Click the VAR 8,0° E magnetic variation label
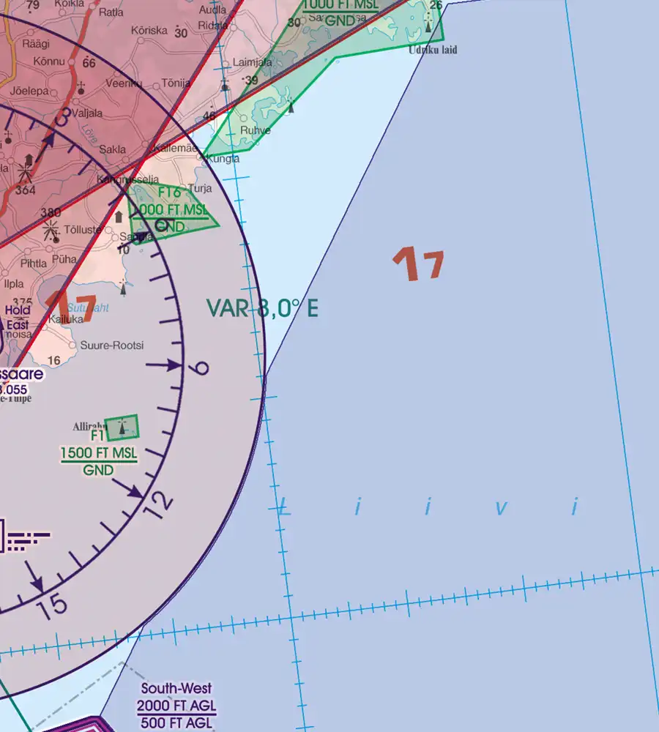coord(262,309)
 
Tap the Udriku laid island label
coord(433,51)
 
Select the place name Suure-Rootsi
coord(112,346)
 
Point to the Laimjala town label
coord(252,63)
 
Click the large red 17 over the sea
coord(418,264)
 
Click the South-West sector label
coord(176,688)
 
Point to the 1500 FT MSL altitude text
coord(98,453)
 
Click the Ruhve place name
coord(256,131)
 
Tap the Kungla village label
coord(223,159)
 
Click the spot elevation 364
coord(26,190)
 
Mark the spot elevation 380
coord(51,213)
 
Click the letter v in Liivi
coord(501,507)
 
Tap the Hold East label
coord(18,316)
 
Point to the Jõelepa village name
coord(28,92)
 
